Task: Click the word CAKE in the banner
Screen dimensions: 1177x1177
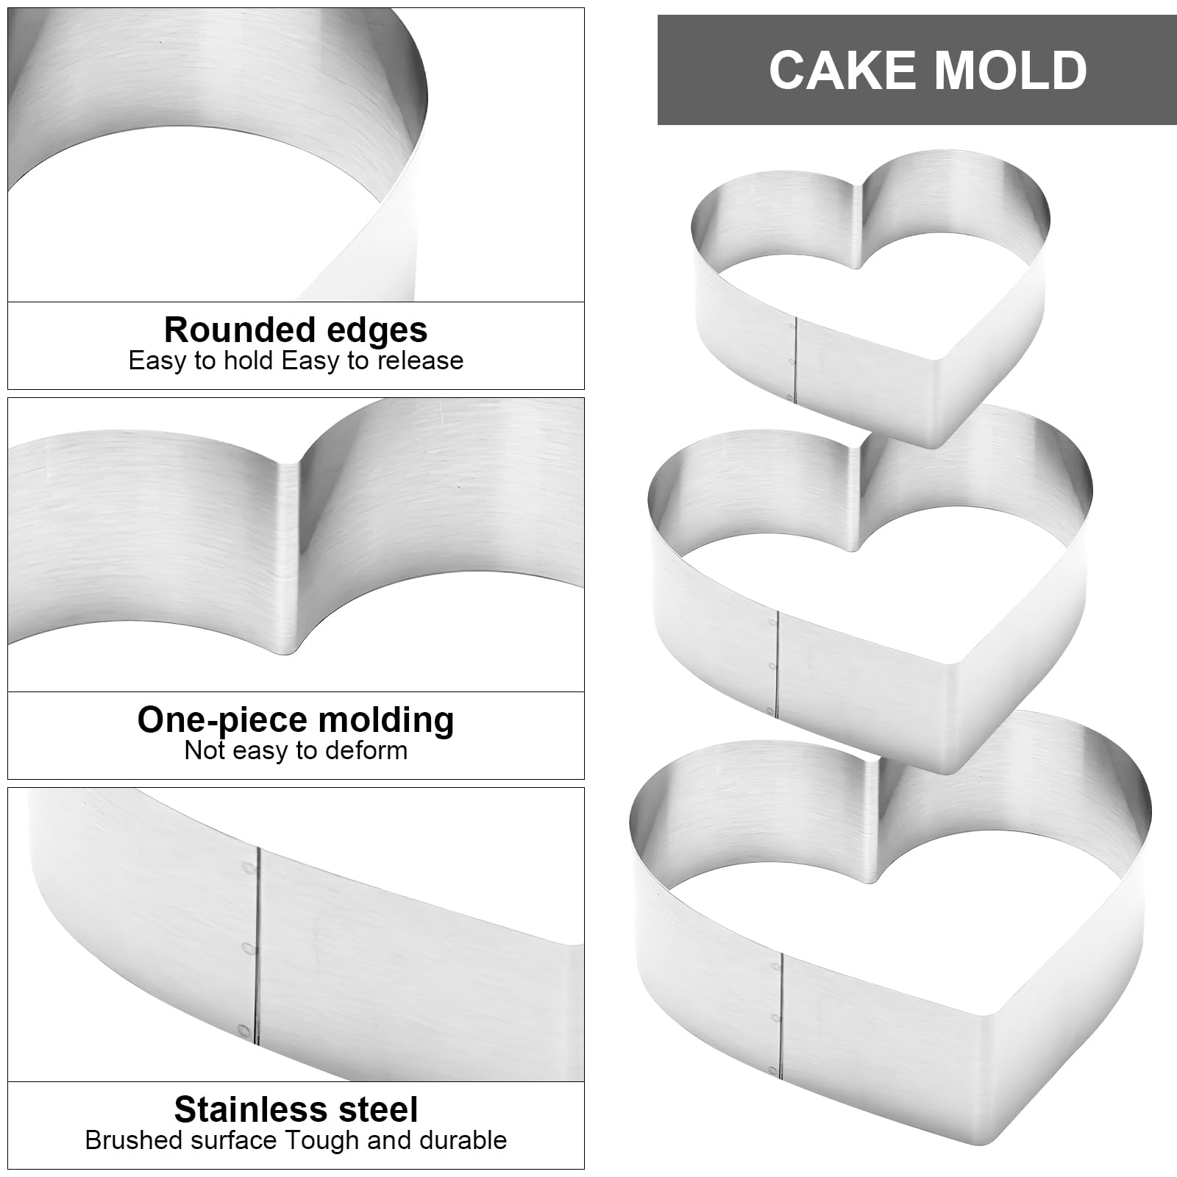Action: [x=833, y=71]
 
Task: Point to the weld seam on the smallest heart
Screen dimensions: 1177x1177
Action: [x=798, y=360]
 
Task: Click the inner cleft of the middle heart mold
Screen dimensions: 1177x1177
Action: [x=858, y=493]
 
